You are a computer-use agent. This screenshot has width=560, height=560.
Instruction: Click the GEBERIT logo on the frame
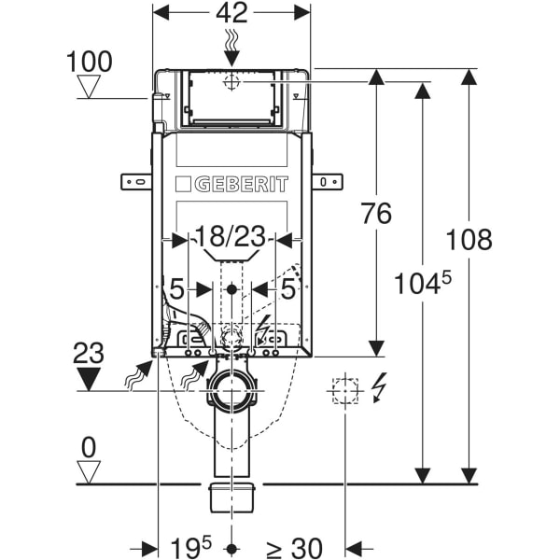point(231,183)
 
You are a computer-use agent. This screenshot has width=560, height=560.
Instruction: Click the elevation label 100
point(91,62)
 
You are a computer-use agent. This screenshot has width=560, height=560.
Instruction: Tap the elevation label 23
point(89,353)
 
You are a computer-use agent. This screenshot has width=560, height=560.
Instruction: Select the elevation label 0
point(89,447)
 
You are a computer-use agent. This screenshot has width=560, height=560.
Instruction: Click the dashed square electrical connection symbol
point(345,389)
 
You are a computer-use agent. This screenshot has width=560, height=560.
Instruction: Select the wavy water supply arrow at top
point(231,42)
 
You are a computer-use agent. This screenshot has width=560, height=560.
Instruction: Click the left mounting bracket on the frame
point(136,180)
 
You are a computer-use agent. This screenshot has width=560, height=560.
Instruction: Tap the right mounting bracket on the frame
point(327,180)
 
